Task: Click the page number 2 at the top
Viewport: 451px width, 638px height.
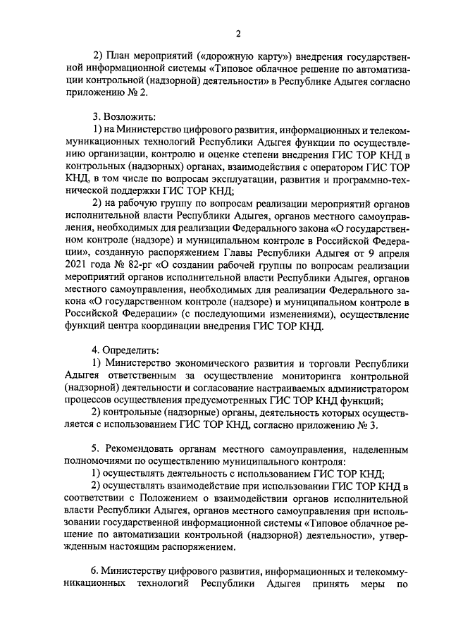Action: click(238, 34)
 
